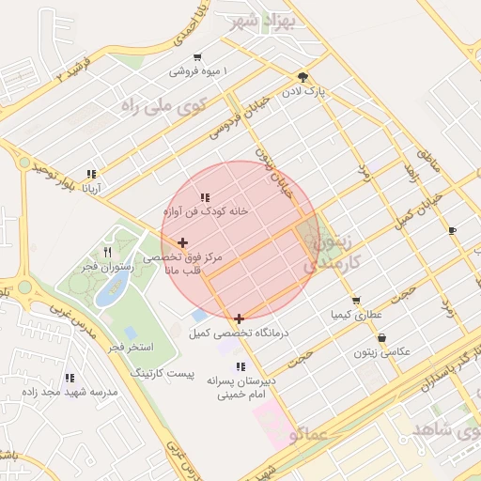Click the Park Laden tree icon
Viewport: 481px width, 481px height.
(x=302, y=77)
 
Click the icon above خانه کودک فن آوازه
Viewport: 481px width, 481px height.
(x=205, y=197)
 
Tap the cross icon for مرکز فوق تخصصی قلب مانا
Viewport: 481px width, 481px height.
(x=182, y=243)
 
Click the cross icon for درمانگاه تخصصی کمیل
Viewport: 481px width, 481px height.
(x=240, y=318)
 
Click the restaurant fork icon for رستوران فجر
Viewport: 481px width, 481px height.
(x=108, y=252)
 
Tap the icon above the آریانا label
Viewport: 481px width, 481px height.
(x=91, y=174)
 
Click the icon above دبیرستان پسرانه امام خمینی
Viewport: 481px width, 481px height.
(x=240, y=367)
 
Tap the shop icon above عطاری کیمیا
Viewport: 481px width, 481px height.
(x=355, y=301)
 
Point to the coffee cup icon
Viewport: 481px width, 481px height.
(x=452, y=230)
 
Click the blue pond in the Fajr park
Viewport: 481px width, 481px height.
(x=111, y=291)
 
